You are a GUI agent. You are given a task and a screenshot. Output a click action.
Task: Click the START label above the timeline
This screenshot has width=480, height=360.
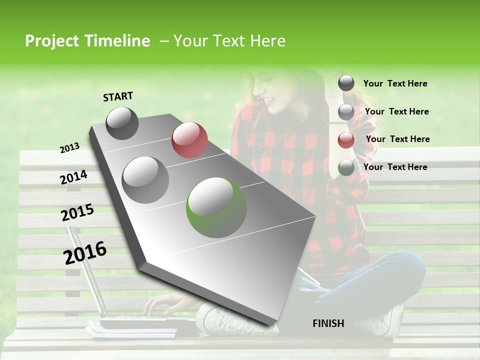[x=118, y=96]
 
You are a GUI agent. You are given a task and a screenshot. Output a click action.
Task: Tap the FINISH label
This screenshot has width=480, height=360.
[x=328, y=323]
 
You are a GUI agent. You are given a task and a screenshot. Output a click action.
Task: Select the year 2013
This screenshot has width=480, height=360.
[x=69, y=148]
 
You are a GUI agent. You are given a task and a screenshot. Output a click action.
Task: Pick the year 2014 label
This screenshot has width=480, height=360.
[x=73, y=177]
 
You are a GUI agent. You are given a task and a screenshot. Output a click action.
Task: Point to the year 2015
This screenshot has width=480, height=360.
[x=77, y=212]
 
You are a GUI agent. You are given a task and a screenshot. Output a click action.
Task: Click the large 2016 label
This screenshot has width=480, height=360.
[x=85, y=253]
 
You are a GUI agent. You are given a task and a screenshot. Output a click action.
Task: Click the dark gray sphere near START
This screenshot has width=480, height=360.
[x=122, y=123]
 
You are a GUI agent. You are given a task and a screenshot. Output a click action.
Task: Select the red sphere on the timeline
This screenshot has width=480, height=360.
[x=189, y=140]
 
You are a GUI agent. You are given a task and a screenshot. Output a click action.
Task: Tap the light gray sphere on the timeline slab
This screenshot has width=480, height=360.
[x=145, y=179]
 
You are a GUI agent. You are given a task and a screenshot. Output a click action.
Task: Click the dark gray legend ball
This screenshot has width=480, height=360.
[x=346, y=83]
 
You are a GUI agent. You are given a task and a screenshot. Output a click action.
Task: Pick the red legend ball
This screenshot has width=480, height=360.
[x=346, y=140]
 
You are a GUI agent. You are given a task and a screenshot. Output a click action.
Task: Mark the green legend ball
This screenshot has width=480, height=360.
[x=346, y=167]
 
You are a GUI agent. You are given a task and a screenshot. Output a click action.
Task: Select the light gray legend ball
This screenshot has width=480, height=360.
[x=346, y=112]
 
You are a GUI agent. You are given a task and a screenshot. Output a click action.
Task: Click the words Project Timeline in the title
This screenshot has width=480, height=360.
[x=87, y=41]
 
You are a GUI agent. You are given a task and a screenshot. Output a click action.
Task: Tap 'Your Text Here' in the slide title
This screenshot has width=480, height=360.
[x=229, y=41]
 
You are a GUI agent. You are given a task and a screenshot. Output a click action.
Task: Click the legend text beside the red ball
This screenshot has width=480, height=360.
[x=397, y=139]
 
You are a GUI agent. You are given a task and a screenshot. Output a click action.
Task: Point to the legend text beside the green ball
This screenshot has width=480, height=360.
[x=395, y=167]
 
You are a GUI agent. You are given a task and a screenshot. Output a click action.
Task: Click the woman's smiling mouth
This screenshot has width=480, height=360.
[x=270, y=100]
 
